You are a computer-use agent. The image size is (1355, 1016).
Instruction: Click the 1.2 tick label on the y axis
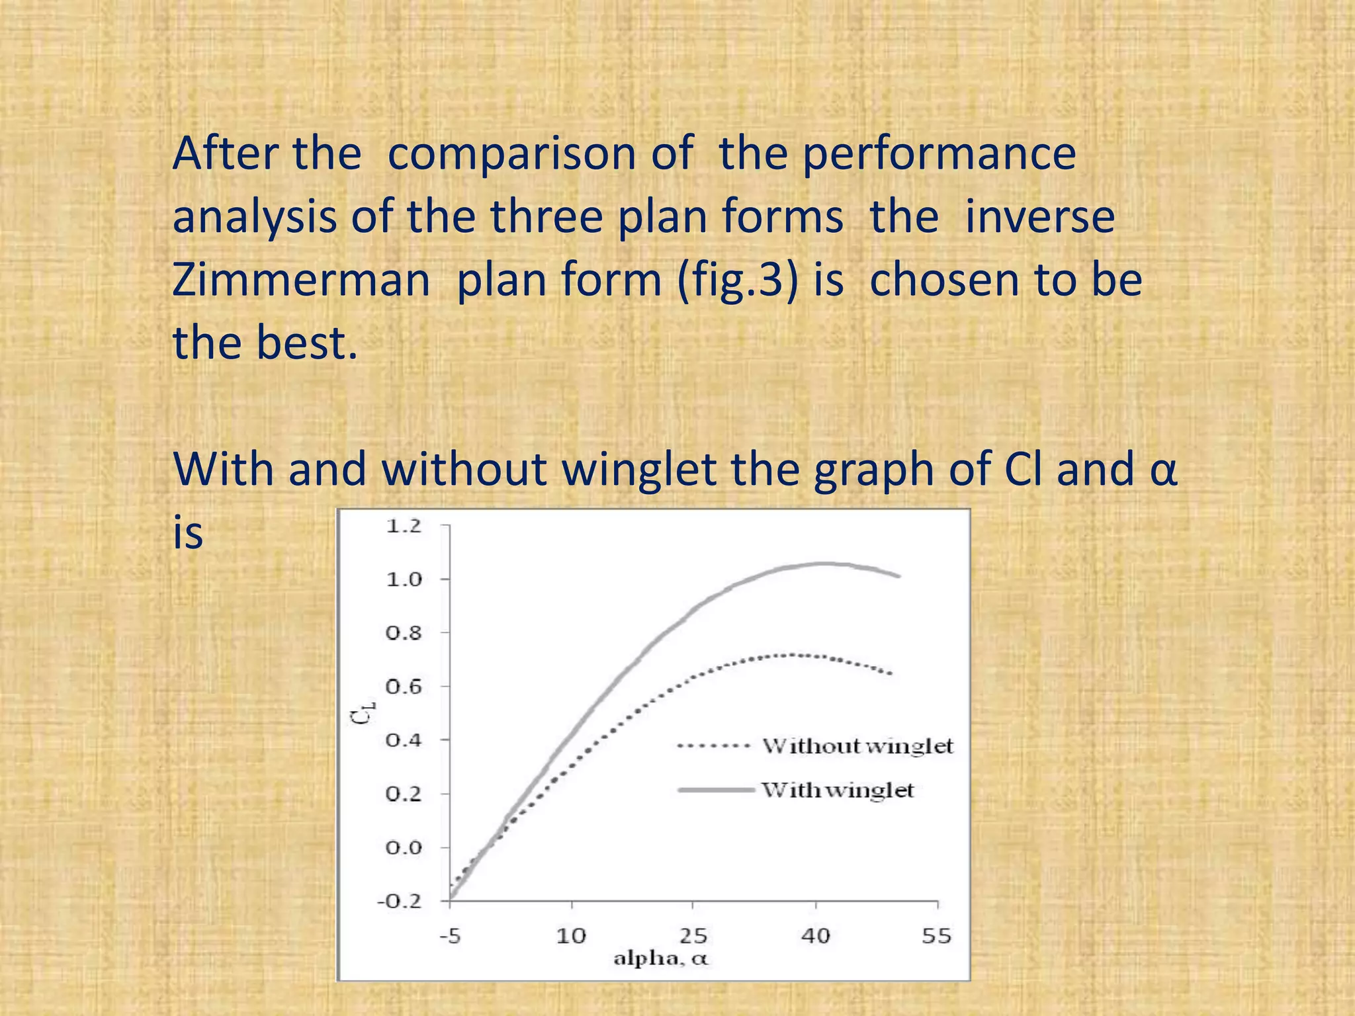pyautogui.click(x=404, y=527)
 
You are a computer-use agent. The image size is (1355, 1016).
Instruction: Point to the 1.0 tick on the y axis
pyautogui.click(x=404, y=580)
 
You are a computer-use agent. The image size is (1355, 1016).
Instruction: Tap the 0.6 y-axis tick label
pyautogui.click(x=404, y=687)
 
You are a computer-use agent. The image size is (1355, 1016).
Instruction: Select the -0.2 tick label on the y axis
pyautogui.click(x=400, y=902)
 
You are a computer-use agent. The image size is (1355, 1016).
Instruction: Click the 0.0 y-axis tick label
pyautogui.click(x=404, y=848)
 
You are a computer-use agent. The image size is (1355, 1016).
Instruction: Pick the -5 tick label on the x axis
pyautogui.click(x=450, y=936)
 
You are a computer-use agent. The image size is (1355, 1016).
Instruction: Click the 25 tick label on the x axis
pyautogui.click(x=693, y=936)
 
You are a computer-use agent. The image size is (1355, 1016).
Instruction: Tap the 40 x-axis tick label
pyautogui.click(x=815, y=936)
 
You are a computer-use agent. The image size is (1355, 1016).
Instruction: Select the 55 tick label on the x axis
pyautogui.click(x=937, y=936)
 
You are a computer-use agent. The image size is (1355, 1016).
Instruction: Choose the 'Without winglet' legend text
pyautogui.click(x=857, y=746)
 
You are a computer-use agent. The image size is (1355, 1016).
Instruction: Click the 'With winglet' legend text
pyautogui.click(x=838, y=790)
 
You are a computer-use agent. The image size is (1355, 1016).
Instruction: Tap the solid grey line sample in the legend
pyautogui.click(x=716, y=790)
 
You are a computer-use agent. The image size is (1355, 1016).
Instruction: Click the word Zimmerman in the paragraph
pyautogui.click(x=302, y=279)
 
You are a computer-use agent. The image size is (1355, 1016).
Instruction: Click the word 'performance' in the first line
pyautogui.click(x=940, y=153)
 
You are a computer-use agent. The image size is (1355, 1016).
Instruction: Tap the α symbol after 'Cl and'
pyautogui.click(x=1163, y=470)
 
